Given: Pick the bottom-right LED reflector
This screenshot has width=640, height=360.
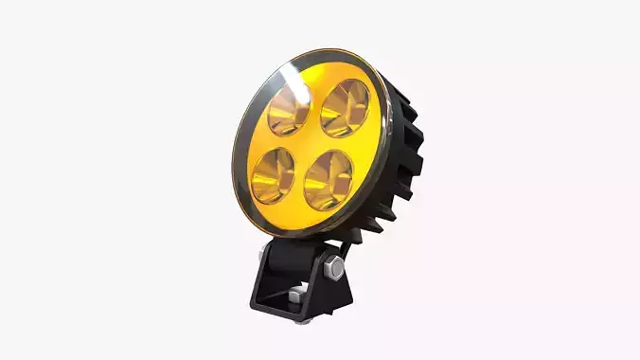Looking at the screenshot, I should click(328, 176).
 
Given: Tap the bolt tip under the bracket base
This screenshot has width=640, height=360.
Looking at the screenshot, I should click(301, 321).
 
